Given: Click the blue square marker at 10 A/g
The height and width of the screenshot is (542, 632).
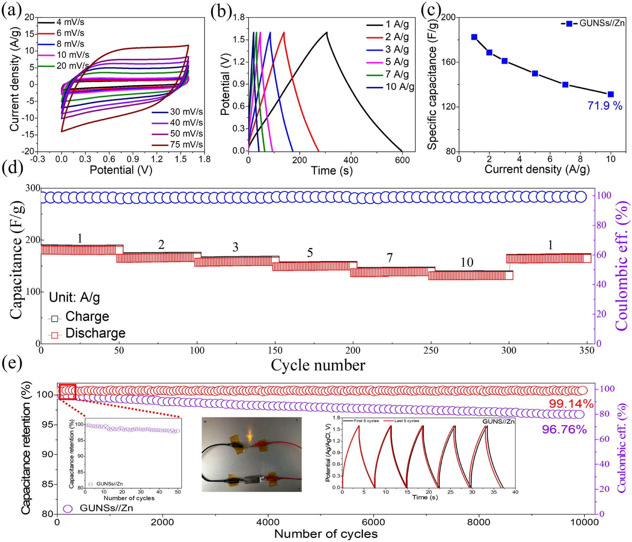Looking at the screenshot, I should click(611, 94).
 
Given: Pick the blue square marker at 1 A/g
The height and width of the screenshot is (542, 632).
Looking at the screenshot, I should click(474, 37).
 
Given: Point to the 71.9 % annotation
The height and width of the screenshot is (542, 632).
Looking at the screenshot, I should click(605, 106).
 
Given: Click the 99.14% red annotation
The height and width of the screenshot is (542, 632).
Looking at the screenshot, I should click(571, 404).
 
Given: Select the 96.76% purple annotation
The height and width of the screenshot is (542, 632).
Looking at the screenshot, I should click(564, 429).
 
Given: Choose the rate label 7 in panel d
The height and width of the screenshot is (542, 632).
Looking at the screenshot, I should click(390, 258).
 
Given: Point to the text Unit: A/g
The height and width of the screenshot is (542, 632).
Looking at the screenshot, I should click(75, 297).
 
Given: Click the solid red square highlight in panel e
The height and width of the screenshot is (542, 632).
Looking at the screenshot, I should click(67, 392).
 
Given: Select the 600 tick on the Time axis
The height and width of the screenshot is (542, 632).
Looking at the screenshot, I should click(402, 160).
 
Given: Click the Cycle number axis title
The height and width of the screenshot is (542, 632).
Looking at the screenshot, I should click(318, 365).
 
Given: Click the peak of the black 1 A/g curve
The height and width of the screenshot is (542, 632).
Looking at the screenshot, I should click(326, 32).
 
